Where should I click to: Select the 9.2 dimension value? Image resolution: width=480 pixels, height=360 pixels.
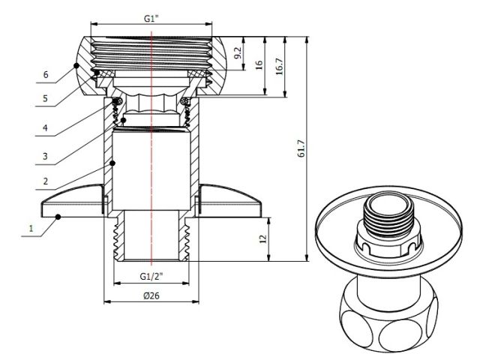point(238,53)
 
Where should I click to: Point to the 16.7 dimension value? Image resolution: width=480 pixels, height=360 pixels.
point(279,66)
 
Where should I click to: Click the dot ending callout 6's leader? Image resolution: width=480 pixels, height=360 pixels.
point(77,65)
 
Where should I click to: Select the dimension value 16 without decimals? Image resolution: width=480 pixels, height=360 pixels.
point(259,66)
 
